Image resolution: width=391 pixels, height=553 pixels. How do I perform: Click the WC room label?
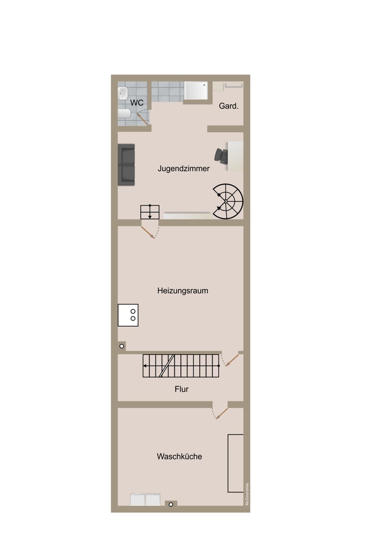(x=137, y=102)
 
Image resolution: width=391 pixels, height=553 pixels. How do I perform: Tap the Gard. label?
(x=229, y=106)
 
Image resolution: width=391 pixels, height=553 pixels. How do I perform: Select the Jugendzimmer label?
(x=184, y=169)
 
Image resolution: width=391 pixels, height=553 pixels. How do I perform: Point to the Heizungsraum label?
(x=183, y=291)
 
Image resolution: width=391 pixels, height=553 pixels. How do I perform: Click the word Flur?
(x=182, y=389)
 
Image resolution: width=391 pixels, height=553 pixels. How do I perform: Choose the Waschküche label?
(x=179, y=456)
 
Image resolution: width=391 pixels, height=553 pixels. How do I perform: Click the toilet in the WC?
(x=124, y=113)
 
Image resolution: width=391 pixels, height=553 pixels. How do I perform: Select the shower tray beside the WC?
(x=196, y=91)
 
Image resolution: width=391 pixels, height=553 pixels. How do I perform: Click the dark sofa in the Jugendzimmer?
(x=126, y=165)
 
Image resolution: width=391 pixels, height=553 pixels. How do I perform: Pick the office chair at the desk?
(x=221, y=156)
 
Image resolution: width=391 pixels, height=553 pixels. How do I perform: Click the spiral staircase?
(x=228, y=201)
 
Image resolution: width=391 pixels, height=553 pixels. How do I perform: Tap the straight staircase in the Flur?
(x=181, y=366)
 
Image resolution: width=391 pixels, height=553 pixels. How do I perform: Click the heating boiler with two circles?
(x=128, y=315)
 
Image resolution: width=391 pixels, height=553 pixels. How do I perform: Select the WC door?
(x=143, y=118)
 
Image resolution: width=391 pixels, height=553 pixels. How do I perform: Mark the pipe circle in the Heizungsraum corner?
(x=122, y=346)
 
